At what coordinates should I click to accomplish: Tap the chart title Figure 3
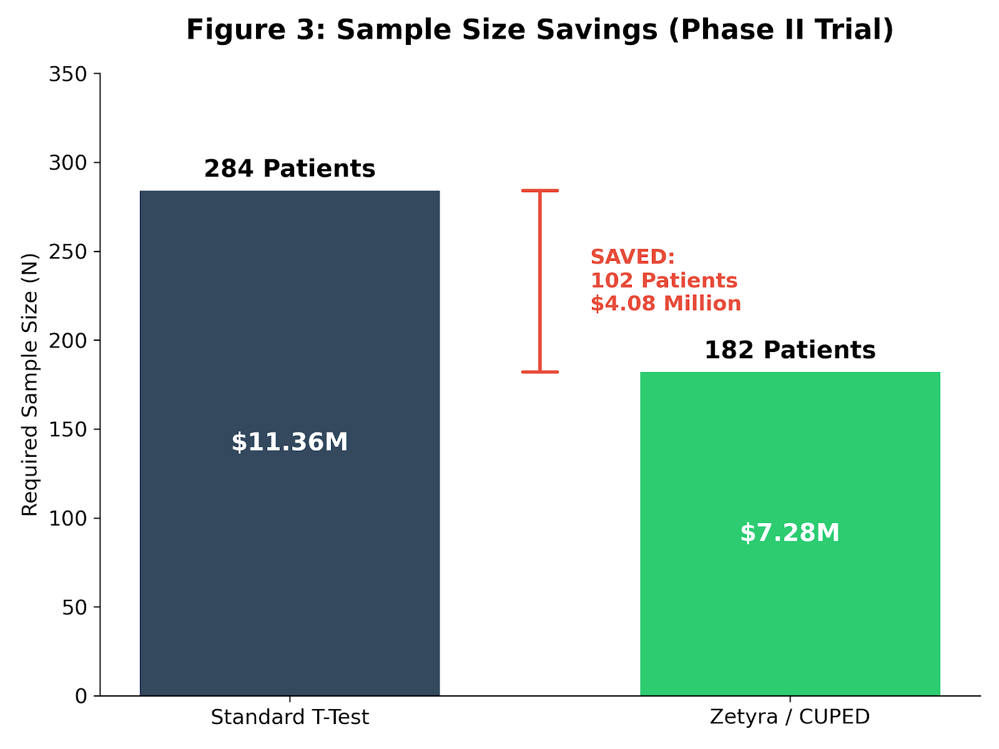click(x=539, y=30)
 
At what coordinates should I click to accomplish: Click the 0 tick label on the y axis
click(x=82, y=696)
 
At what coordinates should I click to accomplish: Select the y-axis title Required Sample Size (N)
click(x=30, y=384)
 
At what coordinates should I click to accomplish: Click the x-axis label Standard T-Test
click(x=290, y=717)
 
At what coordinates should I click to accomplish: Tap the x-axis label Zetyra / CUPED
click(x=790, y=717)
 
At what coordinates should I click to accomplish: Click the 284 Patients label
click(x=290, y=169)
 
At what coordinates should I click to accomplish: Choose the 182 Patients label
click(x=790, y=350)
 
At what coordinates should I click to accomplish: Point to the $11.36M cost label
click(x=290, y=443)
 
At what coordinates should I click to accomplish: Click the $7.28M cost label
click(x=790, y=533)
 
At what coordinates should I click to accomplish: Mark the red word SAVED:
click(x=632, y=257)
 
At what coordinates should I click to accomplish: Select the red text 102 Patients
click(x=664, y=280)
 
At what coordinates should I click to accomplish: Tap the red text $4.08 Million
click(x=666, y=304)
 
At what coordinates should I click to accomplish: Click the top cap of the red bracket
click(x=540, y=190)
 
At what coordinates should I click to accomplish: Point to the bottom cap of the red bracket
click(x=540, y=372)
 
